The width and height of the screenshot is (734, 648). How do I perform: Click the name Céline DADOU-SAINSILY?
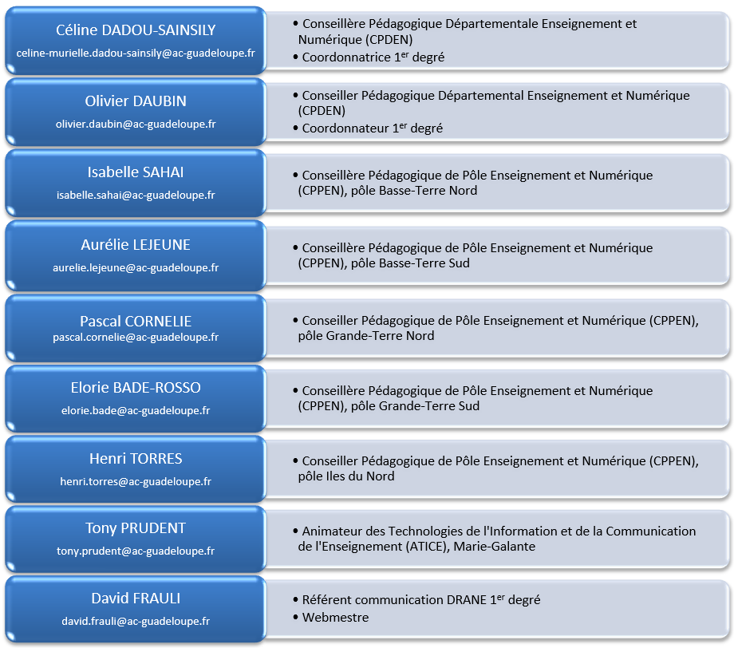tap(136, 30)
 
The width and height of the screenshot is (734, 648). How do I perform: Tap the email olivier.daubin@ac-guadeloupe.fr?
tap(136, 124)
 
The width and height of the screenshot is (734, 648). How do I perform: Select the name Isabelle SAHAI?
tap(136, 172)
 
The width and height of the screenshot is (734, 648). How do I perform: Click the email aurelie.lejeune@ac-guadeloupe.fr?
tap(136, 268)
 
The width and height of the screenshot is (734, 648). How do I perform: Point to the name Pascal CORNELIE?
tap(136, 321)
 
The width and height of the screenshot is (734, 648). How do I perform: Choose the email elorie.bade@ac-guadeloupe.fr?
tap(136, 411)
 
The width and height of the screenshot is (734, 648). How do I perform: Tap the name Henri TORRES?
tap(136, 458)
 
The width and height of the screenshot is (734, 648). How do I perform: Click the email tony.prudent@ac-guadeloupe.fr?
tap(136, 551)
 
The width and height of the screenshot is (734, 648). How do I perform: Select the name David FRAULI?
tap(136, 599)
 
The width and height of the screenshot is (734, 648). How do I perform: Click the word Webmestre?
tap(335, 617)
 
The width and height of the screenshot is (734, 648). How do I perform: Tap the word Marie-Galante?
tap(495, 547)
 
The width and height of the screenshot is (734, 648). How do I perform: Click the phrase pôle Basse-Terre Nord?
tap(414, 191)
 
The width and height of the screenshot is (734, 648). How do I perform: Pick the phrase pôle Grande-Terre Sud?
tap(415, 406)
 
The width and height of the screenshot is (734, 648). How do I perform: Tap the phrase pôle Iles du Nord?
tap(346, 476)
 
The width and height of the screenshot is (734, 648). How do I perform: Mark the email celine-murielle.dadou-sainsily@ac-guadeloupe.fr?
tap(136, 53)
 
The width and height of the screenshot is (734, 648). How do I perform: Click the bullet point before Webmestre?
tap(295, 617)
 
